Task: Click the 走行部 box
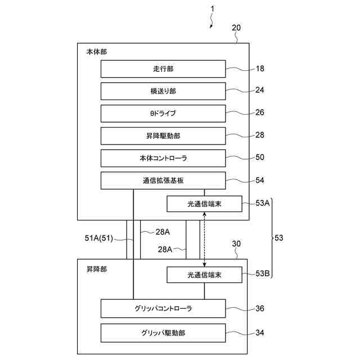(163, 69)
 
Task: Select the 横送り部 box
(163, 91)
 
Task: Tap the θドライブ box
(163, 113)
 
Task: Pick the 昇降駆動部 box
(163, 136)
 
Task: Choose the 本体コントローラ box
(163, 158)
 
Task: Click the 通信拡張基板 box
(163, 181)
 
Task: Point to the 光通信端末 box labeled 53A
(204, 204)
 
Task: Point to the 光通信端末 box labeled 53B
(204, 275)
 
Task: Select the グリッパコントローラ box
(163, 308)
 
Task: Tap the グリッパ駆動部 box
(163, 332)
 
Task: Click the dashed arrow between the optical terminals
(204, 239)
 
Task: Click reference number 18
(259, 69)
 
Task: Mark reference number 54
(259, 180)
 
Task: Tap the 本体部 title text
(97, 51)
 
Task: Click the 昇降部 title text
(97, 269)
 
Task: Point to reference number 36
(259, 308)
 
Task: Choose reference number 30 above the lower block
(237, 244)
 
